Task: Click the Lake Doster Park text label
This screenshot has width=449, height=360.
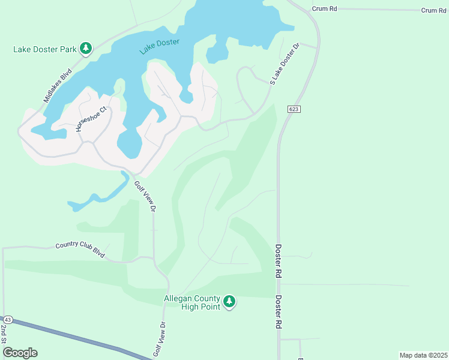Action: point(45,49)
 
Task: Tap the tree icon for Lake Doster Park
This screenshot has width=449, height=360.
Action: point(86,48)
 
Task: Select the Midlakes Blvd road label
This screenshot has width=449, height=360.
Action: point(58,85)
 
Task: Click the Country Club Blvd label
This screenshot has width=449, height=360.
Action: point(80,250)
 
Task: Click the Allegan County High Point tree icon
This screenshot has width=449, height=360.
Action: point(229,302)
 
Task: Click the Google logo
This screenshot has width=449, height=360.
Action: point(20,352)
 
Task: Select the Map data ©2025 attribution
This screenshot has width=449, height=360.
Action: point(423,355)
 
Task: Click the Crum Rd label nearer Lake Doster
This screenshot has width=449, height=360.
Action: point(325,9)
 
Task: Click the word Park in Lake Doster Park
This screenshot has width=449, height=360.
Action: point(66,49)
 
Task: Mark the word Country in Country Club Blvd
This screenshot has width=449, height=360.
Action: point(67,246)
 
